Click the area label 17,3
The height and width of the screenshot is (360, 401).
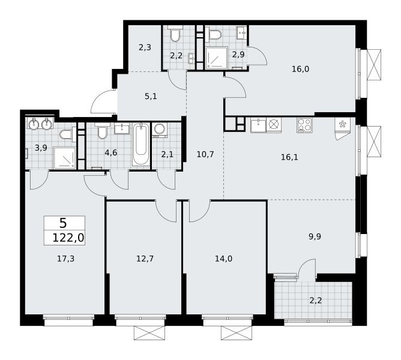(65, 259)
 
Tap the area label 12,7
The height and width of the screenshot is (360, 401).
(145, 259)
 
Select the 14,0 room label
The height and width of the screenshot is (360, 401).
(223, 259)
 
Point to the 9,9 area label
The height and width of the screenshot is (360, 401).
(315, 237)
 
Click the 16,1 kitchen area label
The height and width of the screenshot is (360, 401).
(289, 157)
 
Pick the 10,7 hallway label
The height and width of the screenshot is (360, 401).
(205, 154)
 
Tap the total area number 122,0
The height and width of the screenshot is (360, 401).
(68, 238)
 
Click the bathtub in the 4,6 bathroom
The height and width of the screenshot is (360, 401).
(141, 144)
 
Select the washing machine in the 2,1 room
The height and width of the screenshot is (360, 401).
(160, 130)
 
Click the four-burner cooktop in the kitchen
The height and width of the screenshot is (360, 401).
(304, 125)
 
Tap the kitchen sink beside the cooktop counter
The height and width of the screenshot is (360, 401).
(258, 125)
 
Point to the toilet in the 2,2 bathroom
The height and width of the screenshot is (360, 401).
(175, 34)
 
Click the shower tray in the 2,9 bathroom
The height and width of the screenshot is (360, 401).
(216, 58)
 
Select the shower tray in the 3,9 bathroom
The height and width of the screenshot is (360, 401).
(65, 158)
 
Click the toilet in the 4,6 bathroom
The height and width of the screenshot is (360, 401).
(102, 131)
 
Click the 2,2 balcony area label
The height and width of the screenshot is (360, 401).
(316, 301)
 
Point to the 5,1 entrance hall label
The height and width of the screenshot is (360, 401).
(151, 97)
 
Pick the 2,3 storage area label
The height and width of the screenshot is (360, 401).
(145, 47)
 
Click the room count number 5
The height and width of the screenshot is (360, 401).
(63, 223)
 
